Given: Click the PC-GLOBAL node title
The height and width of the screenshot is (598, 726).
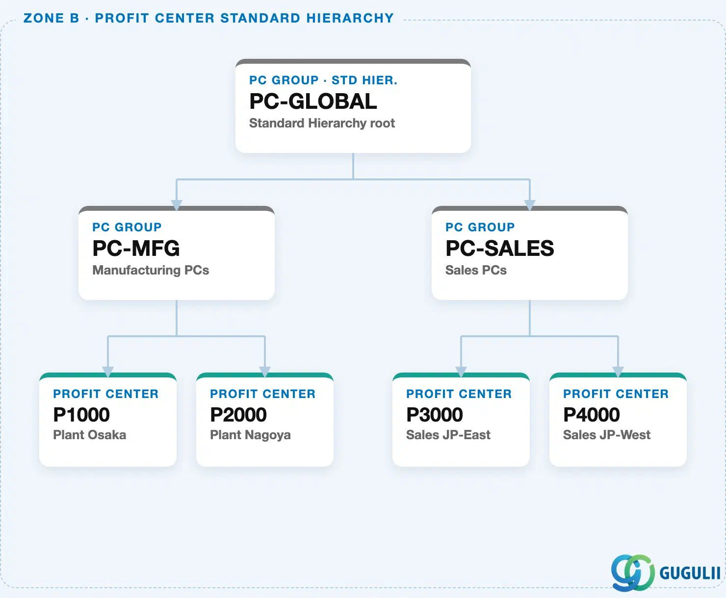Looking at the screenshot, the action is (x=313, y=101).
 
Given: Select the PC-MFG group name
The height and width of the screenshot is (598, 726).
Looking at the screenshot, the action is (x=136, y=249).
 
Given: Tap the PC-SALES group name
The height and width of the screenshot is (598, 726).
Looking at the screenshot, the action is (x=500, y=249).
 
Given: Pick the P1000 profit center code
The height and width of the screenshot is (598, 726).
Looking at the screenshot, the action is (x=81, y=415).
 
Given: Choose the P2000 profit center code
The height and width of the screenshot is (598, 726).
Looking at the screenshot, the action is (x=238, y=415).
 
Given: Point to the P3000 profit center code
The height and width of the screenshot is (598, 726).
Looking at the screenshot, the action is (x=435, y=415).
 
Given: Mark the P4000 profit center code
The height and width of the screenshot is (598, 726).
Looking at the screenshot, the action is (x=592, y=415).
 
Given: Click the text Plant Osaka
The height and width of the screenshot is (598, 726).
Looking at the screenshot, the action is (x=90, y=435).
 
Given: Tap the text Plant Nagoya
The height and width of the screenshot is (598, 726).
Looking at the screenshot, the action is (x=250, y=435).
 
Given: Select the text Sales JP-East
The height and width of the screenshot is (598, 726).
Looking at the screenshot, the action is (x=448, y=435).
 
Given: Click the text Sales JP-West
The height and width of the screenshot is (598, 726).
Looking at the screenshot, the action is (x=607, y=435).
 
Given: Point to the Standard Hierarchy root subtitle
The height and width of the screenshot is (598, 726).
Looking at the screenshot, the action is (x=322, y=124).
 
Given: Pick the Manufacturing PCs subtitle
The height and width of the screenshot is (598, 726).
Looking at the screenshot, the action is (x=151, y=271).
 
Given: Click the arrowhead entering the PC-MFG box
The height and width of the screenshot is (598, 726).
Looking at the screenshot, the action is (x=177, y=205).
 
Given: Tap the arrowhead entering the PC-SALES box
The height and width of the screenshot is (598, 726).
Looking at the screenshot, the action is (x=530, y=205).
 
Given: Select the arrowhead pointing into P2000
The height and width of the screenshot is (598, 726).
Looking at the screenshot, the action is (x=265, y=372).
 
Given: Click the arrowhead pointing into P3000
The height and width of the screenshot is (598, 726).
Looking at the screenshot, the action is (x=461, y=372).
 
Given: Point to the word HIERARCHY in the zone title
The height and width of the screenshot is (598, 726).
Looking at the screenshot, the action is (x=350, y=18).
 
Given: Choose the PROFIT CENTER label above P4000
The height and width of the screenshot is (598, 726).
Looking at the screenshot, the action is (x=616, y=394).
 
